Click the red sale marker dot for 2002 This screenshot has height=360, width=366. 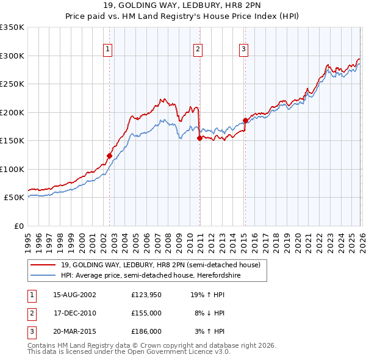click(109, 156)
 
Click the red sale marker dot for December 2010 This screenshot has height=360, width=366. click(199, 138)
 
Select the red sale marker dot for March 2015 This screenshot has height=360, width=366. click(245, 120)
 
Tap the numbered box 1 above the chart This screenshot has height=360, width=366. click(107, 49)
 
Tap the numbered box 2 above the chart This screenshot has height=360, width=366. click(198, 49)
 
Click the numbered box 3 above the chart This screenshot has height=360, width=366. click(243, 49)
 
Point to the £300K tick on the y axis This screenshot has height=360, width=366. click(12, 56)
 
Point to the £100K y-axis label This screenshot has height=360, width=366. click(12, 169)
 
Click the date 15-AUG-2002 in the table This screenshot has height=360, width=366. click(74, 294)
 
